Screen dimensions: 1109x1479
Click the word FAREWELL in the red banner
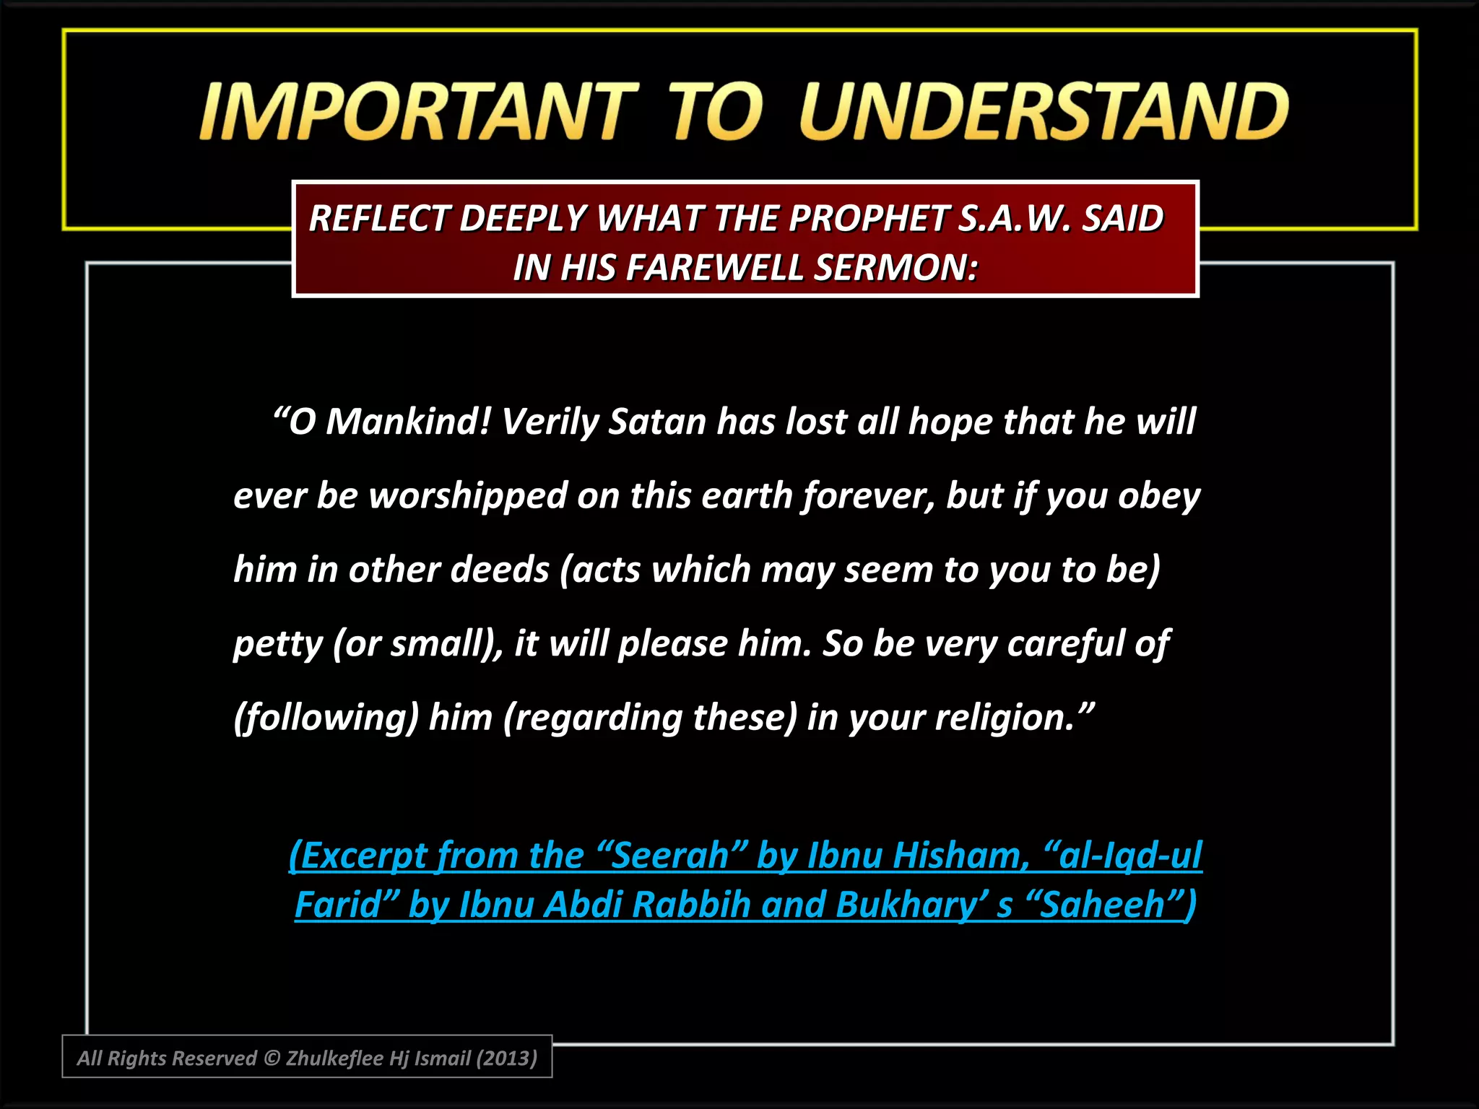pyautogui.click(x=715, y=267)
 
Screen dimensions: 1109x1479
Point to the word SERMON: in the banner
pyautogui.click(x=896, y=267)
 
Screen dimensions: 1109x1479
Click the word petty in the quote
pyautogui.click(x=277, y=643)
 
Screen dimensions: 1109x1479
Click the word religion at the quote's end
pyautogui.click(x=1004, y=718)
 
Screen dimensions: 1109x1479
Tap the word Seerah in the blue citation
pyautogui.click(x=670, y=856)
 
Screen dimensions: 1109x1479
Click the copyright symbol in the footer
pyautogui.click(x=272, y=1058)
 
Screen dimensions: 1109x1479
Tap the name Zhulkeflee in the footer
pyautogui.click(x=334, y=1058)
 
